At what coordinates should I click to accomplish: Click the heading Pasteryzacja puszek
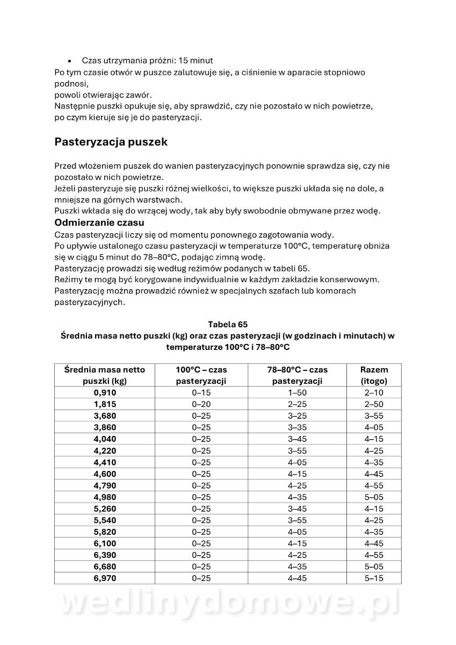(x=111, y=142)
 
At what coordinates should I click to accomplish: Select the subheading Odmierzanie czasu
(x=99, y=223)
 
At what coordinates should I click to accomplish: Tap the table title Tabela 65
(x=228, y=325)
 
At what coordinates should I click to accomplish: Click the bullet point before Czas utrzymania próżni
(x=70, y=61)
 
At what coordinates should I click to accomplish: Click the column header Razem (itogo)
(x=374, y=375)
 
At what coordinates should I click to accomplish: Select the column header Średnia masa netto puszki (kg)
(x=104, y=375)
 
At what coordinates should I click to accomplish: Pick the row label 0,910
(x=104, y=392)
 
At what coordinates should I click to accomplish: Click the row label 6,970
(x=104, y=578)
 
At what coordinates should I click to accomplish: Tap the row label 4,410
(x=104, y=462)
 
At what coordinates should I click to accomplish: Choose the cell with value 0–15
(x=201, y=392)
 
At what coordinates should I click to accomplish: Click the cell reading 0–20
(x=201, y=404)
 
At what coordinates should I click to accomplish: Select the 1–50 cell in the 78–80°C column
(x=297, y=392)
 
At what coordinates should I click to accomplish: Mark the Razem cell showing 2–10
(x=374, y=392)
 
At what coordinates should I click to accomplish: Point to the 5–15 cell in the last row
(x=374, y=578)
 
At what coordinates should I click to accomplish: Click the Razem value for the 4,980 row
(x=374, y=497)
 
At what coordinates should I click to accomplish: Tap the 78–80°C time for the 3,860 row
(x=297, y=427)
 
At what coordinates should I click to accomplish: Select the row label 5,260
(x=104, y=509)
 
